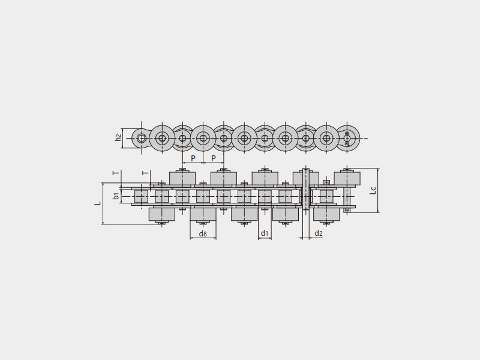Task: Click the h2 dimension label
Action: pos(118,138)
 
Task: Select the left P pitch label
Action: pos(193,158)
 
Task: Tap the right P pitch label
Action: pos(214,158)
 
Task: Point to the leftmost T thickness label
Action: pos(116,173)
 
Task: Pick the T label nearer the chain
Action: pos(146,173)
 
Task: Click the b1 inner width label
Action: pos(116,196)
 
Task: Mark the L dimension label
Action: pos(98,203)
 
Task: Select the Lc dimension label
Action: pos(373,190)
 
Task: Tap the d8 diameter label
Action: pos(203,234)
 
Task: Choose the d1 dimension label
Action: pos(265,233)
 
